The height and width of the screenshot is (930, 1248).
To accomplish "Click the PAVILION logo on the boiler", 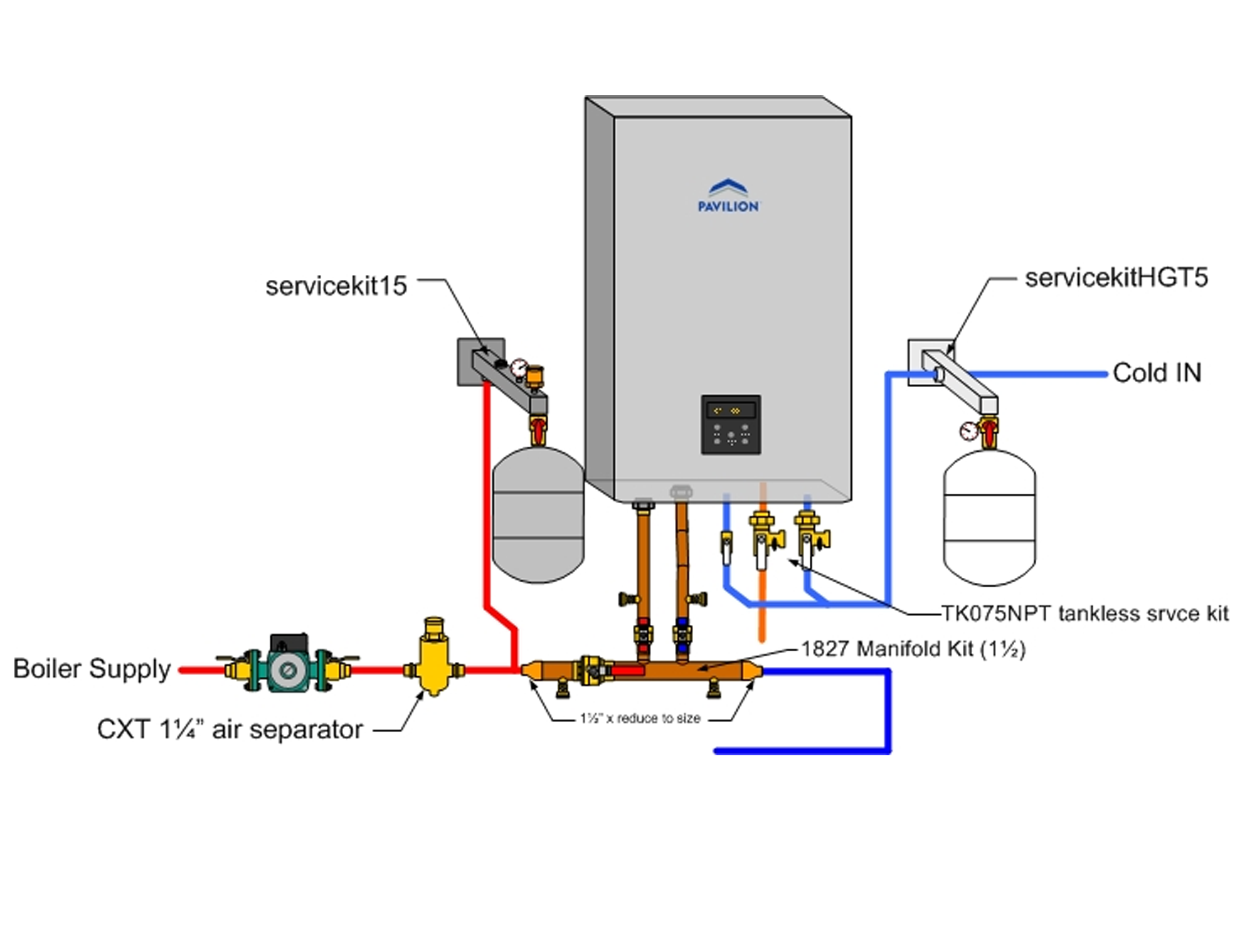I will (728, 196).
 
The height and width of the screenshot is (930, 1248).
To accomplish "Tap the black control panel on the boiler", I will (730, 425).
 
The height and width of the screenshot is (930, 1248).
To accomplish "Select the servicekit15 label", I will (336, 286).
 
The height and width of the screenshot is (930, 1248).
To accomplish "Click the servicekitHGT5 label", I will (1116, 278).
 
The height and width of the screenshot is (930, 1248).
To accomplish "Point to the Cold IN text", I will (1157, 373).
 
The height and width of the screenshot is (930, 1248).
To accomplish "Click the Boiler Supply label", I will (92, 669).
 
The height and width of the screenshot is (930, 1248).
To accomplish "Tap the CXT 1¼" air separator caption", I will (230, 730).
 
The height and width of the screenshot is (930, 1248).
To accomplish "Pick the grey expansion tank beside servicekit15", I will (538, 515).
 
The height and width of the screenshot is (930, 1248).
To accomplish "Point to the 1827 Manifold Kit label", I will (913, 649).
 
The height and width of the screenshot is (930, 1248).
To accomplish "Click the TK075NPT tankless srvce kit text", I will (1085, 613).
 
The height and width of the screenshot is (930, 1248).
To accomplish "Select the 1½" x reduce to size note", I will (641, 718).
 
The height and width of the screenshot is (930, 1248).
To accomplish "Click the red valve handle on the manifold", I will (627, 671).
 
